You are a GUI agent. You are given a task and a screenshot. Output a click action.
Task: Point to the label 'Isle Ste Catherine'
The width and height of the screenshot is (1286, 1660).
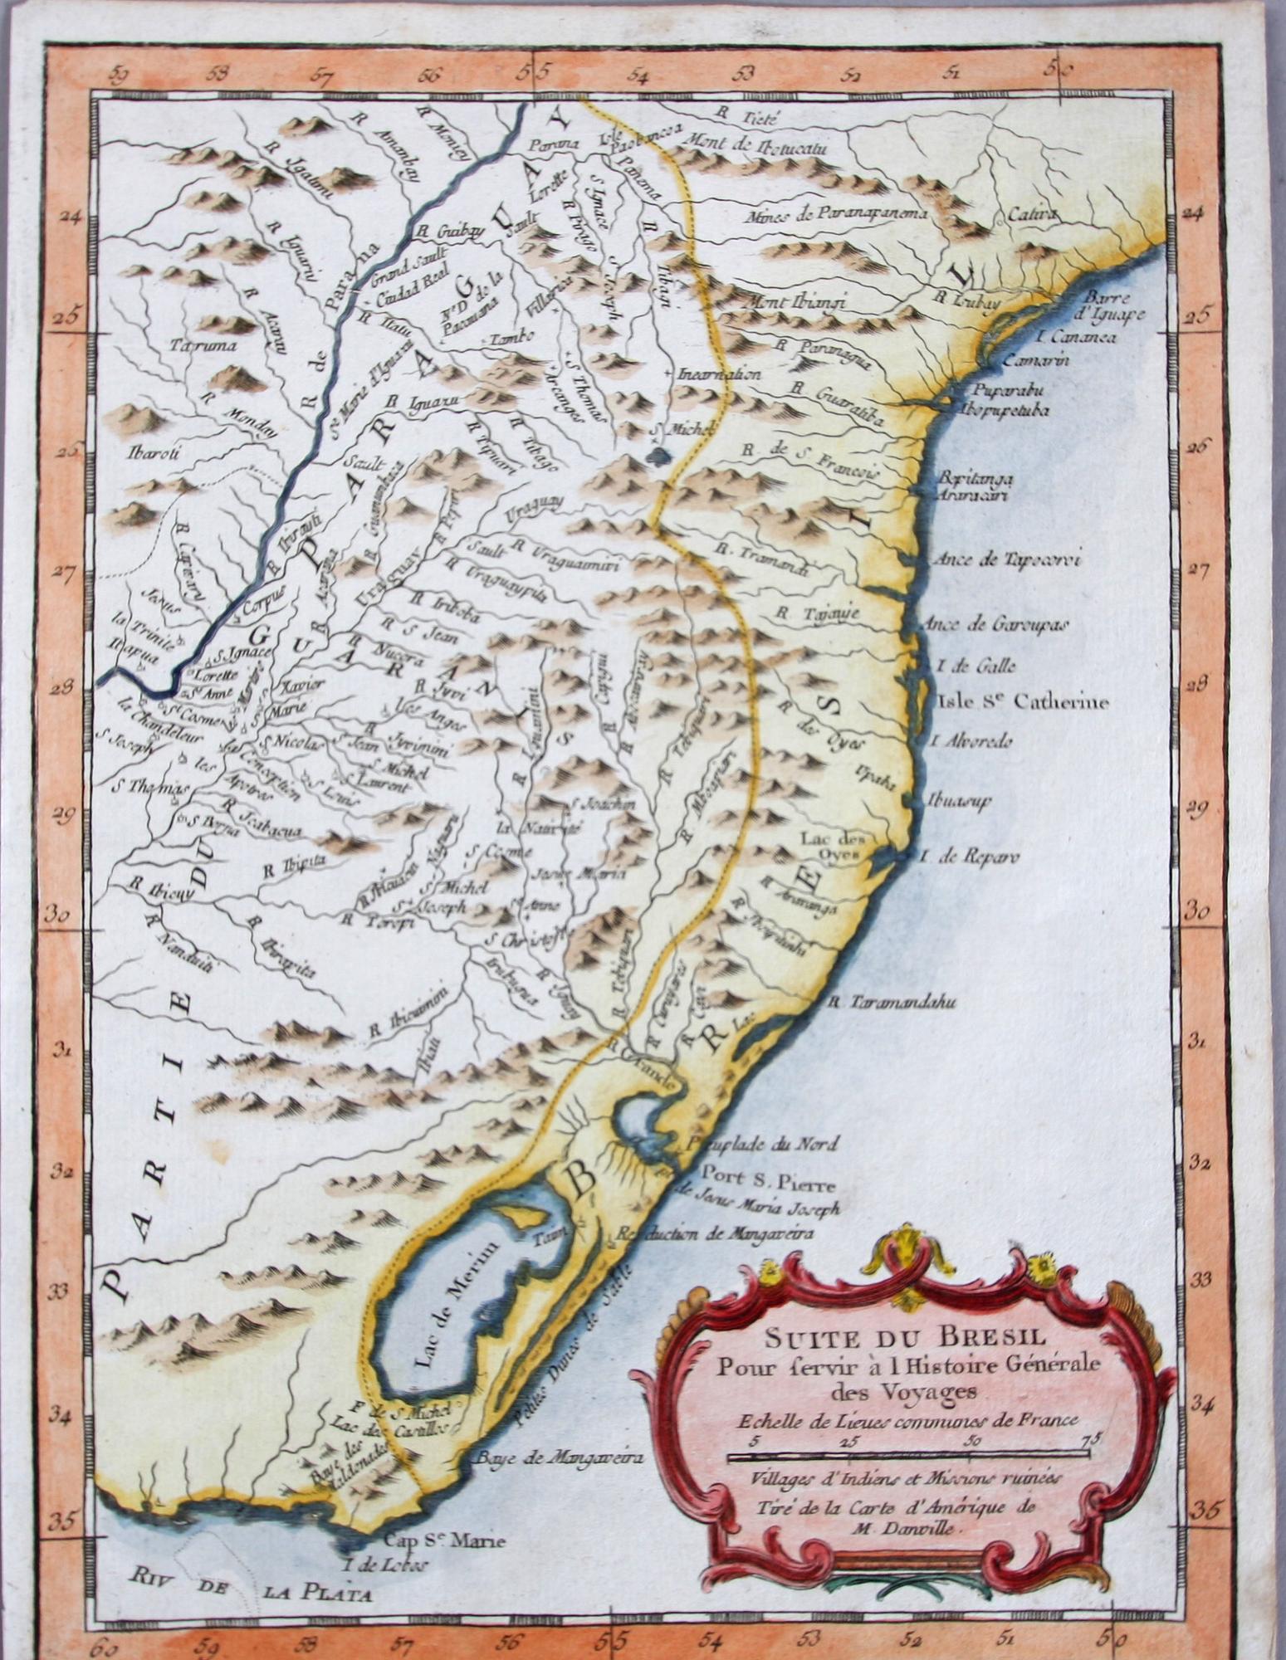pyautogui.click(x=1022, y=703)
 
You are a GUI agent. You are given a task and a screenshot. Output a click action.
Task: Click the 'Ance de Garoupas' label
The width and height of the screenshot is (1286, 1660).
pyautogui.click(x=995, y=624)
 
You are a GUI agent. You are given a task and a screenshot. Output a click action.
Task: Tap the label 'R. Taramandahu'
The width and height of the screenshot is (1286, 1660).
pyautogui.click(x=892, y=1003)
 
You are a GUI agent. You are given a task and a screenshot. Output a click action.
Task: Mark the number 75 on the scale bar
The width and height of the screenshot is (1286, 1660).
pyautogui.click(x=1088, y=1439)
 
